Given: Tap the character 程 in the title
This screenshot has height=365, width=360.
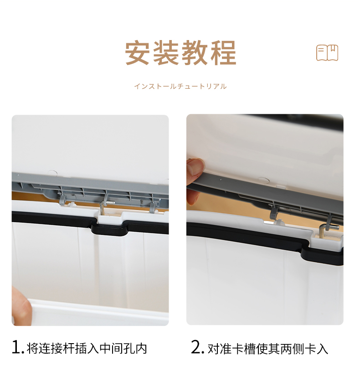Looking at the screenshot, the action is (x=223, y=53).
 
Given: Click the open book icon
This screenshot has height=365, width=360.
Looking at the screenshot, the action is (x=327, y=53).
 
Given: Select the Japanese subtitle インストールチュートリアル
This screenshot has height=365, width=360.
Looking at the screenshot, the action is (x=180, y=86).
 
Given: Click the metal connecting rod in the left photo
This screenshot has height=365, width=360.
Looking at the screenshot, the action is (x=105, y=206).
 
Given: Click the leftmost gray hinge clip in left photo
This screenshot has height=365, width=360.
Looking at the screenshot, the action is (x=62, y=200).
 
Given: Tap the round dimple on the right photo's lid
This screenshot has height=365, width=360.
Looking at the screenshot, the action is (x=264, y=180).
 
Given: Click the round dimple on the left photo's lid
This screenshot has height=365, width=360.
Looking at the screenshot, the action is (x=53, y=173).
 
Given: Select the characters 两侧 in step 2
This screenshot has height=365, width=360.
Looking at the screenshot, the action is (x=293, y=349).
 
